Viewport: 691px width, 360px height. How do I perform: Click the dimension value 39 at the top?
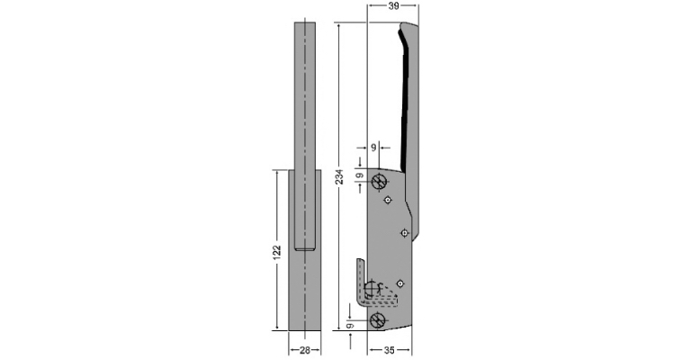click(x=394, y=5)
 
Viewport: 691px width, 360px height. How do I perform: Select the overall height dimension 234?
click(x=339, y=176)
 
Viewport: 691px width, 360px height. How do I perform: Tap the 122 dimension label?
click(x=277, y=252)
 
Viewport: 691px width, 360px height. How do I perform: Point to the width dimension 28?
click(x=304, y=350)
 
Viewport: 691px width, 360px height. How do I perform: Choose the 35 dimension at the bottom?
click(x=389, y=350)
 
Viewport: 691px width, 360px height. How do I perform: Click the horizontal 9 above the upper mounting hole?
click(x=373, y=148)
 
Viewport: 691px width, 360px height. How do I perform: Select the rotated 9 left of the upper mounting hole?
click(x=360, y=175)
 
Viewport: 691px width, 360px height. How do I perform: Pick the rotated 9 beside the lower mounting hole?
click(x=349, y=326)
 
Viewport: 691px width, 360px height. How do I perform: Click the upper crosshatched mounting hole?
click(x=379, y=182)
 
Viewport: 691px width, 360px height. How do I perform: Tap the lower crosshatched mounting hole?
click(x=378, y=320)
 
